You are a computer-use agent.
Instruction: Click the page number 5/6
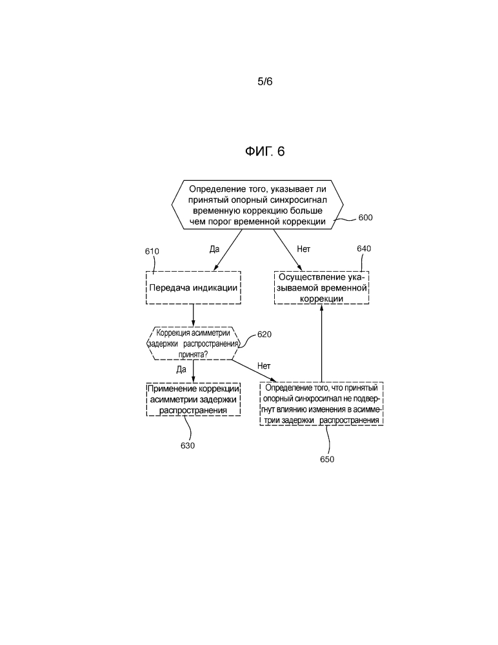pos(265,82)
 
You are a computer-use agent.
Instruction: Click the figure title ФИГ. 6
pos(264,152)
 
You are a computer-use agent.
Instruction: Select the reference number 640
pos(364,249)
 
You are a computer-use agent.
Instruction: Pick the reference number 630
pos(188,445)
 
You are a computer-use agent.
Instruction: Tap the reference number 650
pos(327,460)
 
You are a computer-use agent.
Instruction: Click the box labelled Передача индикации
pos(194,287)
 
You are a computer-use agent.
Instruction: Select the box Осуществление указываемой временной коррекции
pos(321,287)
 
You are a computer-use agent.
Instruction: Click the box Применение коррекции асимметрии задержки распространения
pos(194,399)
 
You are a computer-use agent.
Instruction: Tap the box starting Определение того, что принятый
pos(321,404)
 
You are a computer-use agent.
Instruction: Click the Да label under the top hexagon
pos(215,248)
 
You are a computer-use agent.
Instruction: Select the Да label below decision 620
pos(181,369)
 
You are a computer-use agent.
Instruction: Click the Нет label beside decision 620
pos(264,366)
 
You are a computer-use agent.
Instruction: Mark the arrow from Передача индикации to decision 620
pos(194,315)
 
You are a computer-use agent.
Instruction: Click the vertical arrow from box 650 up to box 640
pos(321,342)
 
